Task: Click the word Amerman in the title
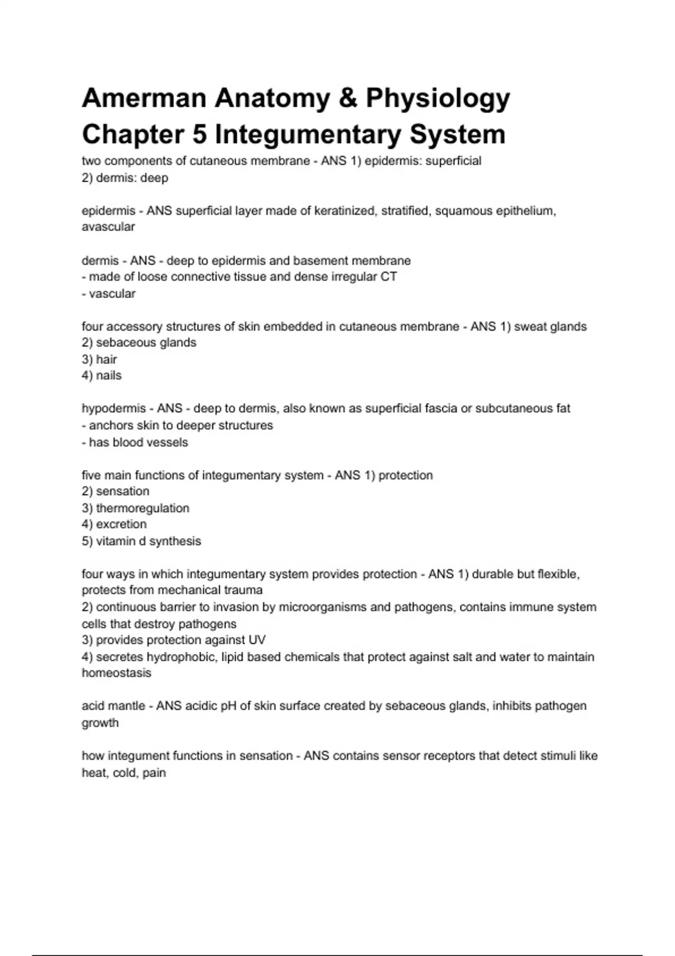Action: coord(144,98)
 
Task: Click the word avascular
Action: coord(108,227)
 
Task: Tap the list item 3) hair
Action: coord(100,359)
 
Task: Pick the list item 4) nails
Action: coord(102,376)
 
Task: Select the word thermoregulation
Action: coord(142,508)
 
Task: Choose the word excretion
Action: coord(121,525)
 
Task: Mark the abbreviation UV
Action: coord(257,641)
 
